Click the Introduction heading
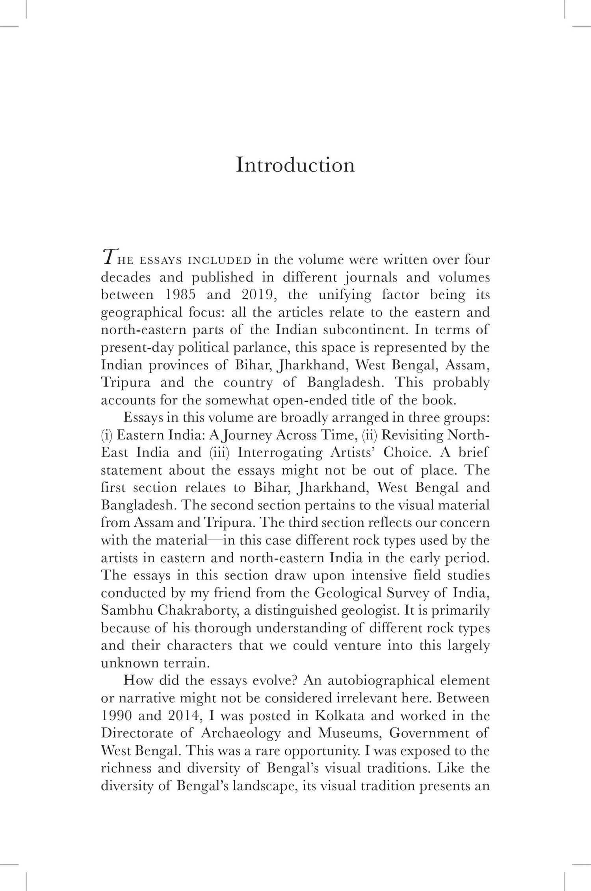point(295,165)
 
